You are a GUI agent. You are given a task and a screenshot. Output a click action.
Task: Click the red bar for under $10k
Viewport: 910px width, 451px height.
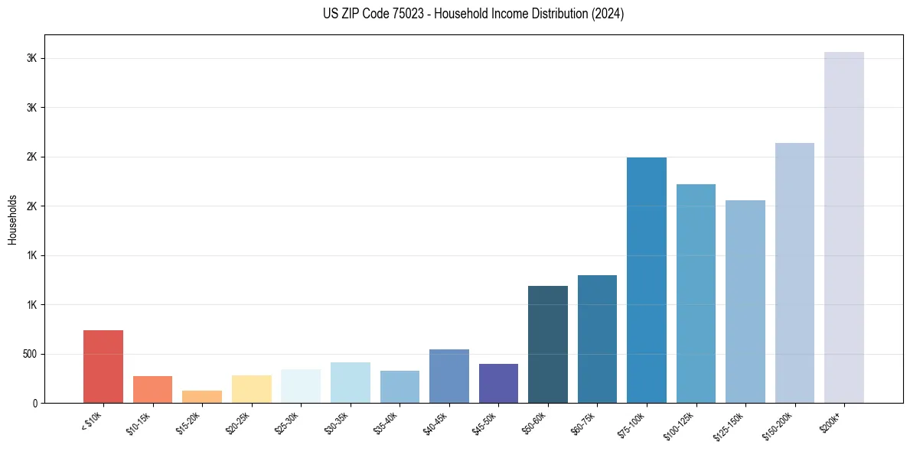coord(103,366)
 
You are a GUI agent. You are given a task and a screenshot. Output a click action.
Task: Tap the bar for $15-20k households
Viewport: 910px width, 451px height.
coord(202,397)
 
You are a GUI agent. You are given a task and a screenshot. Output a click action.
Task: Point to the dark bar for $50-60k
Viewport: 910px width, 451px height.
coord(548,344)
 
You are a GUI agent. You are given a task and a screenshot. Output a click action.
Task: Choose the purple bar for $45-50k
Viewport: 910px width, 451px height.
coord(498,383)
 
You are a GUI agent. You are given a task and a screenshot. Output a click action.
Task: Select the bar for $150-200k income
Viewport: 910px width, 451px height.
coord(794,273)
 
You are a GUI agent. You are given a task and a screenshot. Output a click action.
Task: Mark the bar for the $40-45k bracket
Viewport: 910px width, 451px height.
coord(449,376)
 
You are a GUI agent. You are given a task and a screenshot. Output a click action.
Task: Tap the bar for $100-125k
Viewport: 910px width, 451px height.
coord(696,294)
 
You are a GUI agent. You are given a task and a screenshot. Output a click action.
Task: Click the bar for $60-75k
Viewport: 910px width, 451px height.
coord(597,339)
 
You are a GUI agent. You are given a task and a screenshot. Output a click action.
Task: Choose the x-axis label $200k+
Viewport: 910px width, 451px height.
coord(834,420)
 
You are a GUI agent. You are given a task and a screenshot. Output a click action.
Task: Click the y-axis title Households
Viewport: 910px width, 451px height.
coord(12,219)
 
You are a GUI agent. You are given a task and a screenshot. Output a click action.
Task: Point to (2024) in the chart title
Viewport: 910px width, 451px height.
coord(607,14)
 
